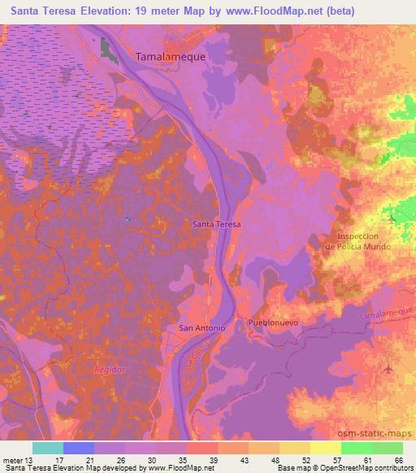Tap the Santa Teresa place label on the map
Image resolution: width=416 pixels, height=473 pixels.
tap(217, 222)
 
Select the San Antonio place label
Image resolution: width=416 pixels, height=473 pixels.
tap(199, 328)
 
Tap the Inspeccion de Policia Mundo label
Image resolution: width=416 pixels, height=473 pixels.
tap(358, 241)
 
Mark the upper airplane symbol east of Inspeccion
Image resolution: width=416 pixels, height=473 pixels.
tap(393, 219)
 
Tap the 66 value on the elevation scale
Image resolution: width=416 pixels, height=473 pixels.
tap(398, 460)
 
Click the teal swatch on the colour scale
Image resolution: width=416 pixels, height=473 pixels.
tap(48, 448)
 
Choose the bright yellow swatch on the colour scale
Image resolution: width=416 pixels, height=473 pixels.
tap(325, 448)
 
